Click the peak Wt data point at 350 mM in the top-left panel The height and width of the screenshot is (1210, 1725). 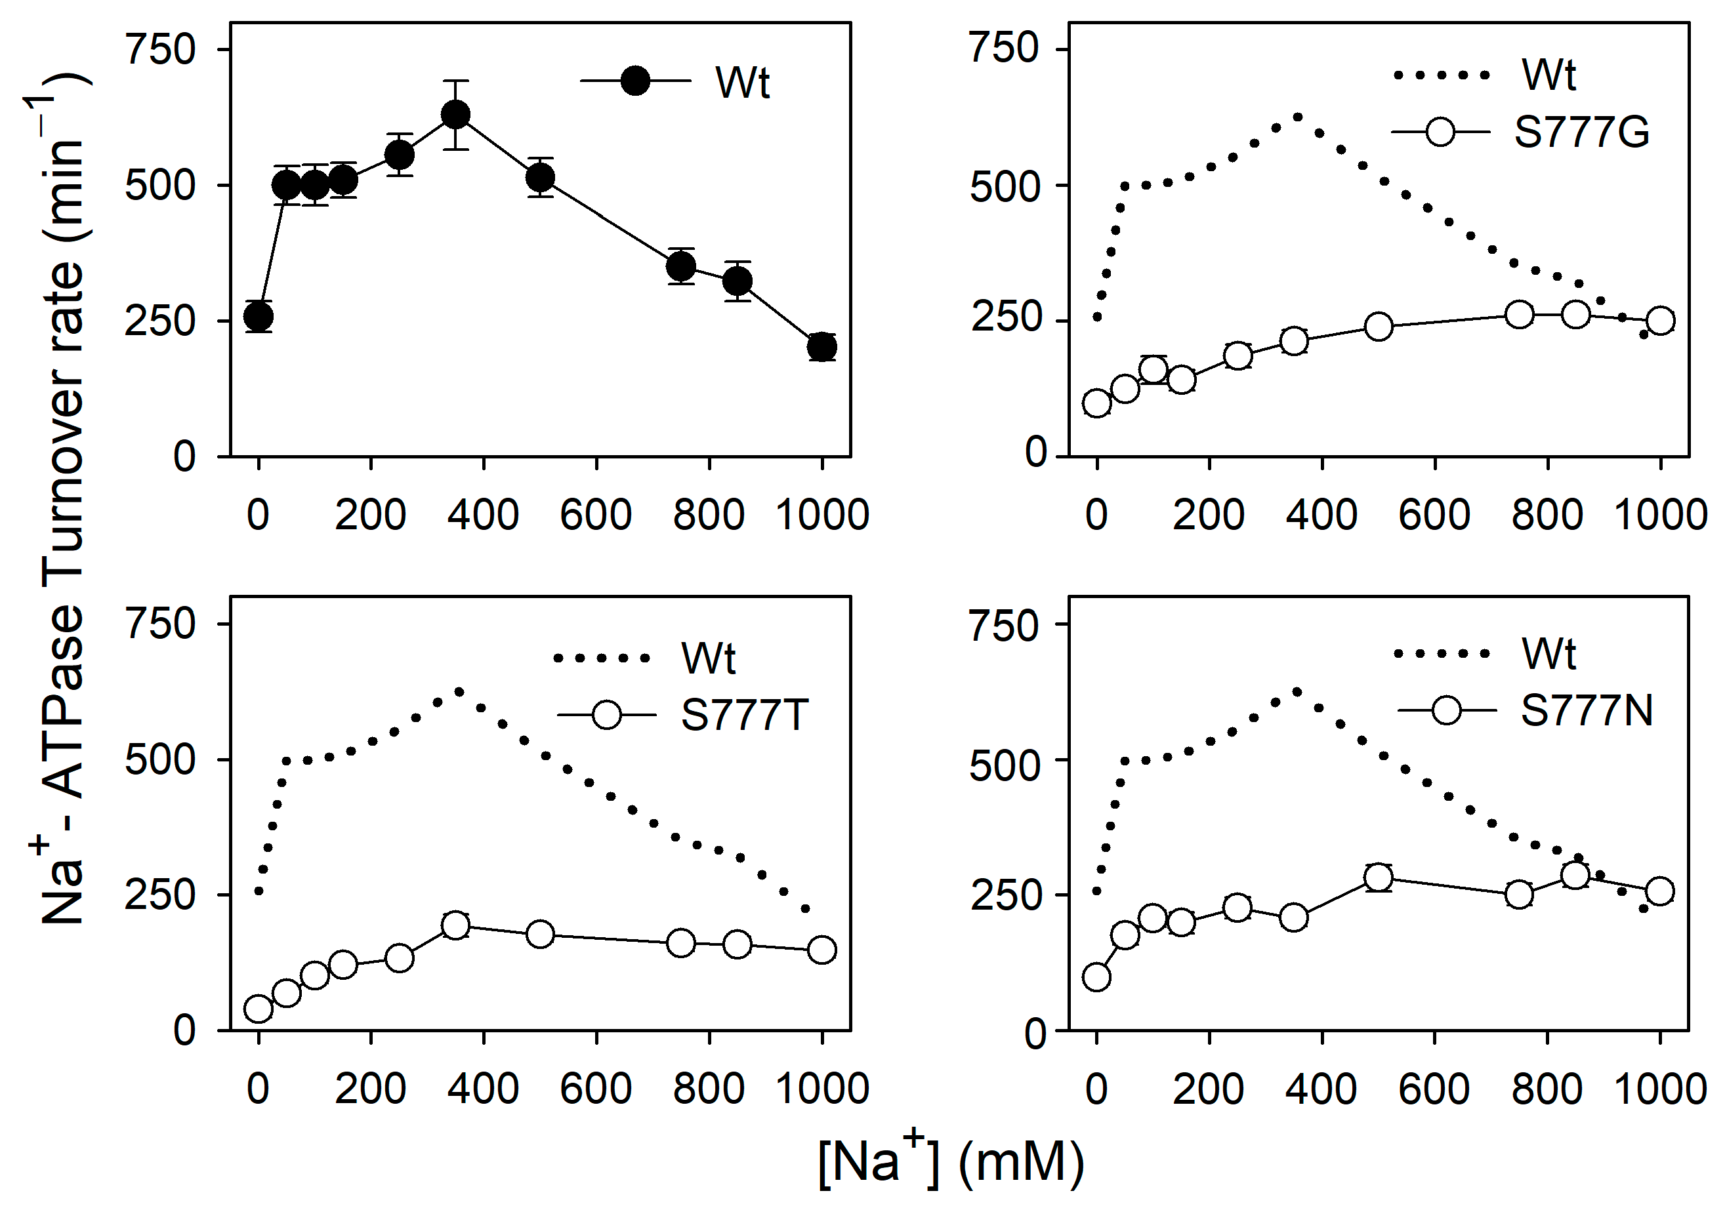(x=455, y=115)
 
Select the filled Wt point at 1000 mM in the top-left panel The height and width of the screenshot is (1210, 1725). (x=822, y=347)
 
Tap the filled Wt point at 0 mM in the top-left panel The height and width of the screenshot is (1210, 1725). (x=259, y=316)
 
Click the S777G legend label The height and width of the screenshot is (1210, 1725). (x=1581, y=132)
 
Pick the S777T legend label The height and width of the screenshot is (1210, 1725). (x=744, y=714)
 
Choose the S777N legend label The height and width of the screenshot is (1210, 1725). (x=1587, y=710)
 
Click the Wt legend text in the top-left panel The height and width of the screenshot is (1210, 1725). (x=742, y=82)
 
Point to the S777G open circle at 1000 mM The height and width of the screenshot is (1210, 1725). (x=1659, y=321)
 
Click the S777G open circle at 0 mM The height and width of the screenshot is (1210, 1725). (x=1097, y=403)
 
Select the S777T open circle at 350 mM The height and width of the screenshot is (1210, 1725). (x=455, y=925)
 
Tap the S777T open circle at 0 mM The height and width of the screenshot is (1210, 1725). (x=259, y=1009)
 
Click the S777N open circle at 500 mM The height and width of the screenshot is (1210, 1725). (x=1378, y=877)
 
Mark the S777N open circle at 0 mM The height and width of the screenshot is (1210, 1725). (x=1097, y=977)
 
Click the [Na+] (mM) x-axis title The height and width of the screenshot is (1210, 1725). (x=950, y=1163)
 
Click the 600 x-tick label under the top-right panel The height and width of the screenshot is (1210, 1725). (x=1434, y=515)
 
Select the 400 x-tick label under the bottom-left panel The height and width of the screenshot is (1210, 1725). (x=483, y=1089)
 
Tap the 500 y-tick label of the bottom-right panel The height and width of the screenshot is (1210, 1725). (x=1005, y=766)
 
